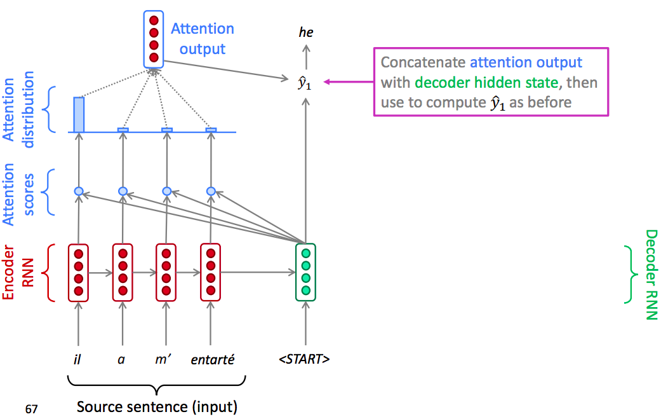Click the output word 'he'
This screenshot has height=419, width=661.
(306, 32)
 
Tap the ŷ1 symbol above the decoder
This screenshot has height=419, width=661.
(305, 83)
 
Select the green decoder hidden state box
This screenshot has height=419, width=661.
(305, 272)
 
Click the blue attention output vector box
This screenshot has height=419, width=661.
(154, 39)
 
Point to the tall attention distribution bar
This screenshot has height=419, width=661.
(79, 114)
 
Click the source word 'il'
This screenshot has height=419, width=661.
(78, 359)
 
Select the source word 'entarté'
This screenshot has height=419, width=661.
(213, 359)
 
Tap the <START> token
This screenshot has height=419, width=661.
(304, 359)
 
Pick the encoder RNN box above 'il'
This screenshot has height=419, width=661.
(79, 272)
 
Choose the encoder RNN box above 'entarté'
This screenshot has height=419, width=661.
(211, 272)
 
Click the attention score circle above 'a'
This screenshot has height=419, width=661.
(123, 191)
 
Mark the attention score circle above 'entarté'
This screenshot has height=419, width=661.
(211, 191)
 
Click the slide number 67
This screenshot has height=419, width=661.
(31, 409)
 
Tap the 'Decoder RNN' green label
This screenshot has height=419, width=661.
(651, 274)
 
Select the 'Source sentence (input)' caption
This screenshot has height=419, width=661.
(157, 406)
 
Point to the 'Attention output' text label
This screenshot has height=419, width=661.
(203, 39)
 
